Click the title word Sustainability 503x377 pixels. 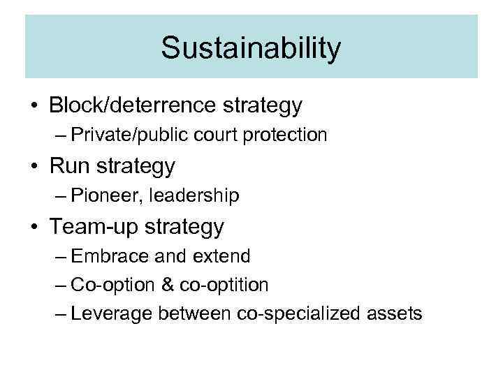click(x=251, y=48)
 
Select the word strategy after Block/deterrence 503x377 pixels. click(x=262, y=106)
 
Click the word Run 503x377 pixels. click(x=71, y=166)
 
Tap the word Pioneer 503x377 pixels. click(x=103, y=196)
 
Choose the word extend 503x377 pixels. click(x=220, y=256)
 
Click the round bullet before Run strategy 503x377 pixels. click(x=34, y=166)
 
